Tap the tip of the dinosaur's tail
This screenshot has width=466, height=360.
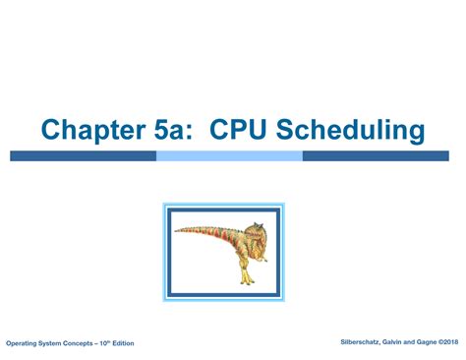[176, 232]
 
